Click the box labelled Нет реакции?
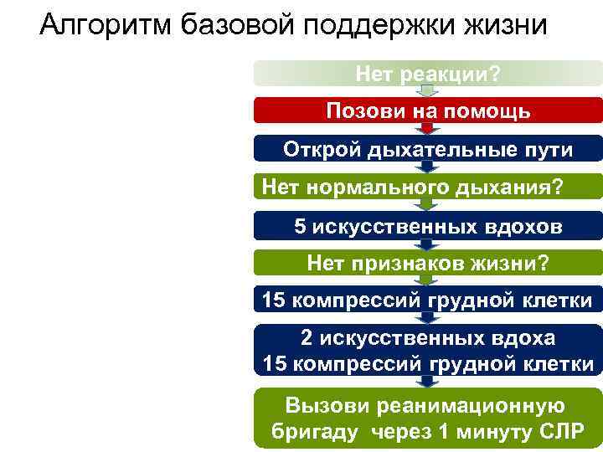click(x=428, y=74)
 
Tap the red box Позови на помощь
click(x=428, y=111)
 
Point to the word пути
click(x=549, y=150)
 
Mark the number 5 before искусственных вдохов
click(x=300, y=226)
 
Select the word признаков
click(x=399, y=265)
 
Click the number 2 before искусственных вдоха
click(x=307, y=338)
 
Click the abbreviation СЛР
click(x=562, y=434)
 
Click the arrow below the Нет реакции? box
click(x=428, y=91)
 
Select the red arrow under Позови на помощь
click(x=428, y=128)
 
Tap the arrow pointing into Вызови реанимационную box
click(x=428, y=382)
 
